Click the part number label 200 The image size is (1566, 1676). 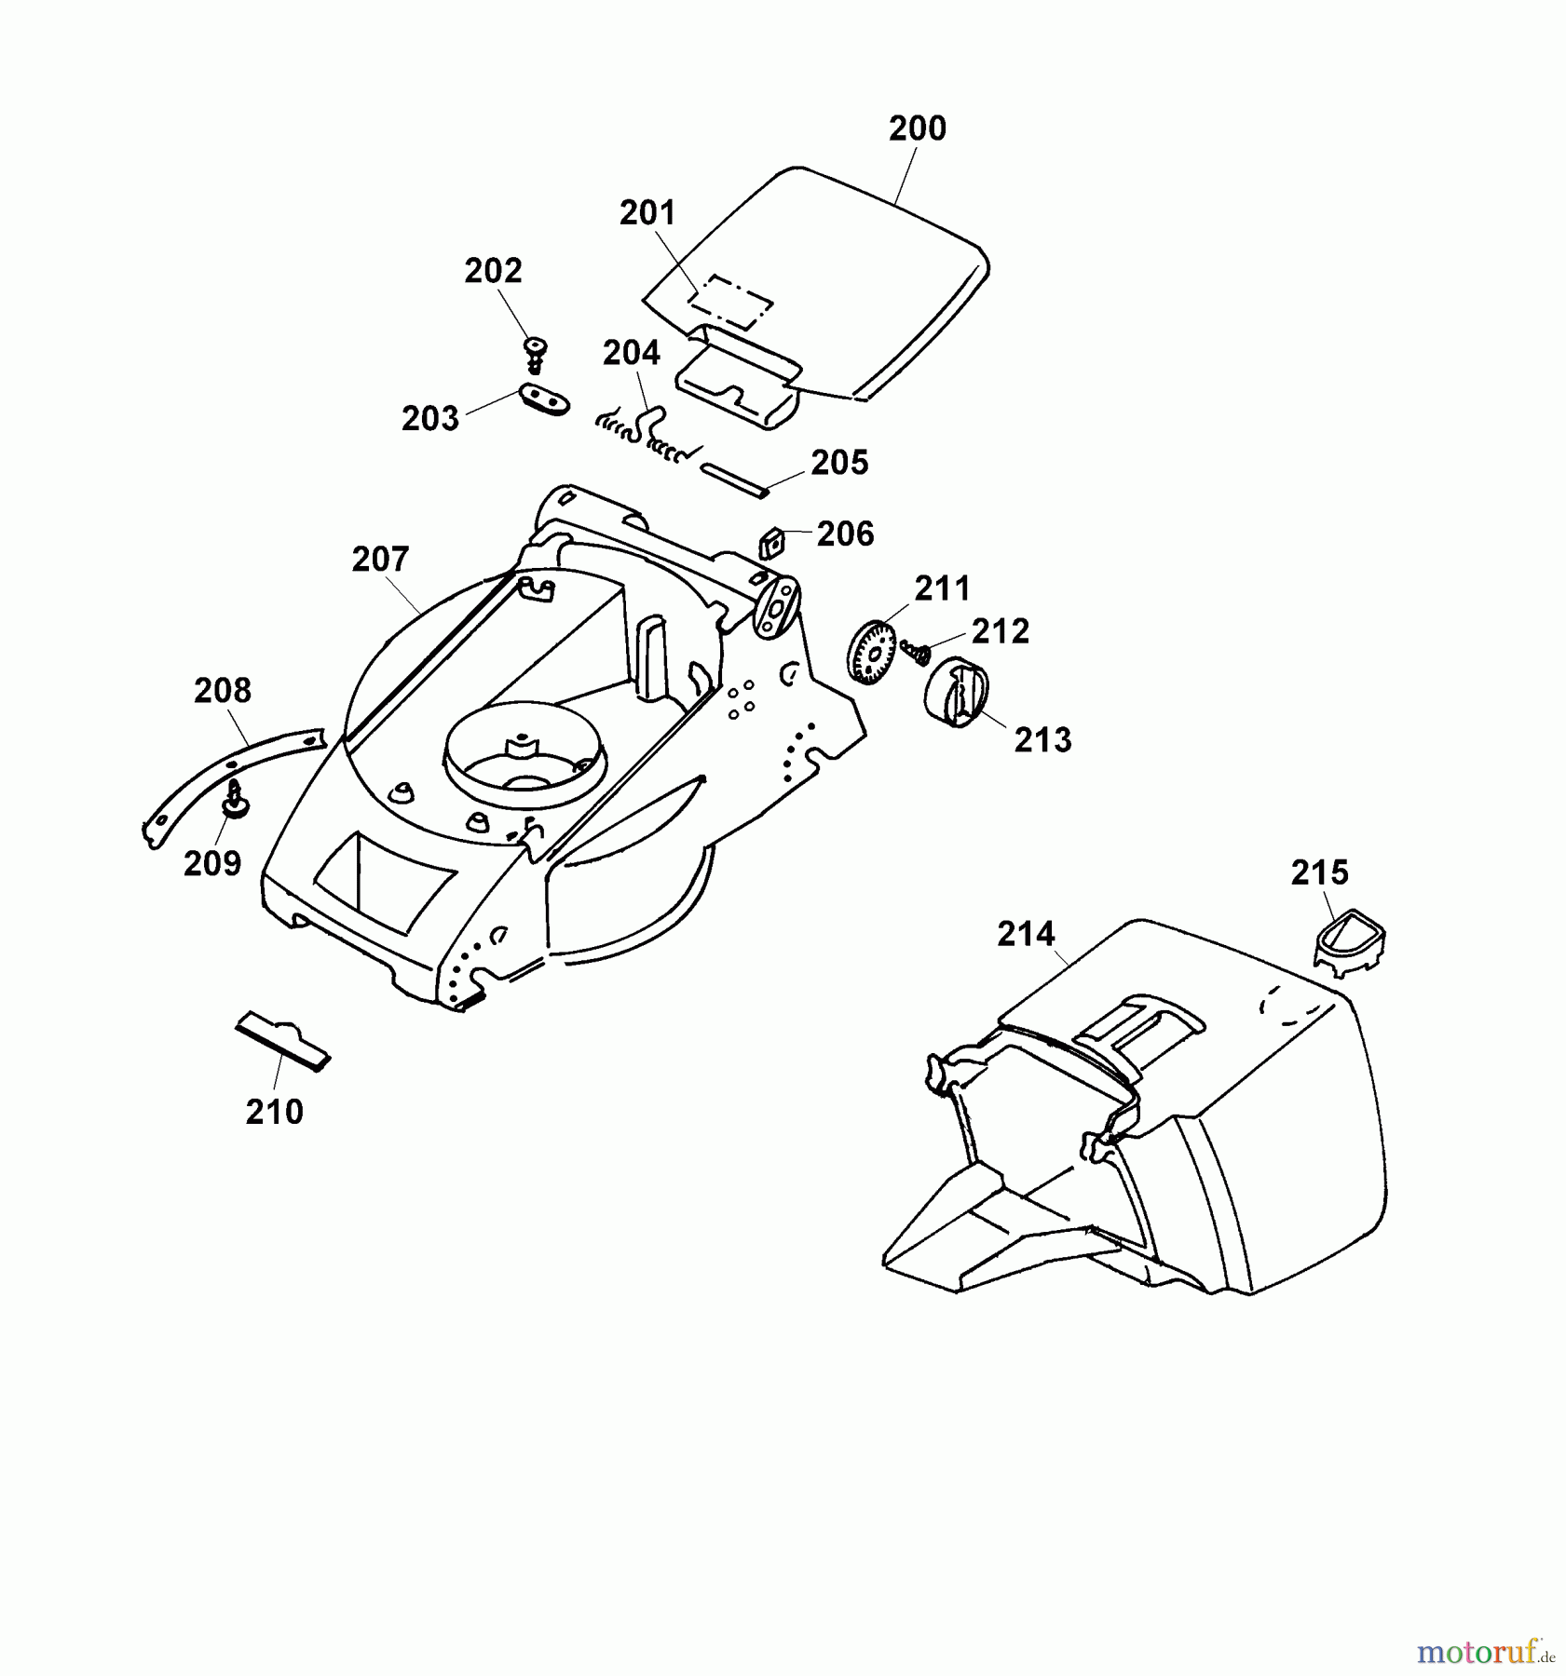click(917, 128)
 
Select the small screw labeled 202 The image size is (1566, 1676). click(535, 352)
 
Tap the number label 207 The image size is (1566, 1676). click(380, 559)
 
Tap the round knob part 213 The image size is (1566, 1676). click(953, 689)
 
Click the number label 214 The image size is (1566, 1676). click(1025, 933)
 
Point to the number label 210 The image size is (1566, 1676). click(274, 1111)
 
